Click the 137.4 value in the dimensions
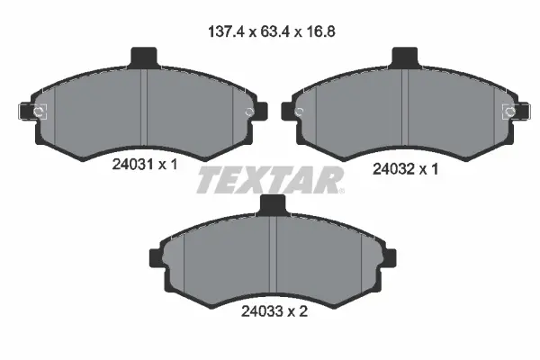(x=223, y=31)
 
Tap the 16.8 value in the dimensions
(x=313, y=31)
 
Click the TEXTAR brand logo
(x=270, y=181)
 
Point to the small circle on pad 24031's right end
(x=250, y=112)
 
